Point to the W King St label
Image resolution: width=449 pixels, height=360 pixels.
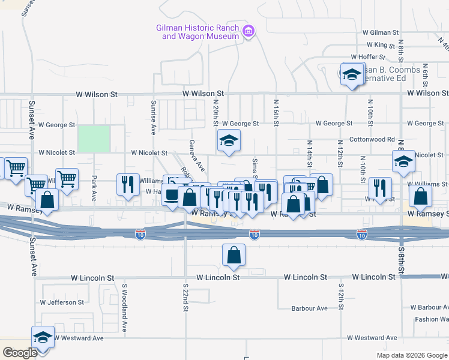381,44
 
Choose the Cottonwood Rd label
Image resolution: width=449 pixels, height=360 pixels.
373,139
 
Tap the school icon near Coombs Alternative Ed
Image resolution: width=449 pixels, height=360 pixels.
352,74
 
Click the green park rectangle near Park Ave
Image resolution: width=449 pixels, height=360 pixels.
94,139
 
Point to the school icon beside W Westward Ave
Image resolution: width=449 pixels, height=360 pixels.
43,338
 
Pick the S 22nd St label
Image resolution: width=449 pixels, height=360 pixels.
186,302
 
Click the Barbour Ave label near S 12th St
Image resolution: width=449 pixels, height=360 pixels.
309,308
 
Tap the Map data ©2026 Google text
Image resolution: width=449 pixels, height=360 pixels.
411,355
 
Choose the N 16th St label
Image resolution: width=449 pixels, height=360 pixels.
276,113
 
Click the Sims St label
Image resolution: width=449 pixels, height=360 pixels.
255,169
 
